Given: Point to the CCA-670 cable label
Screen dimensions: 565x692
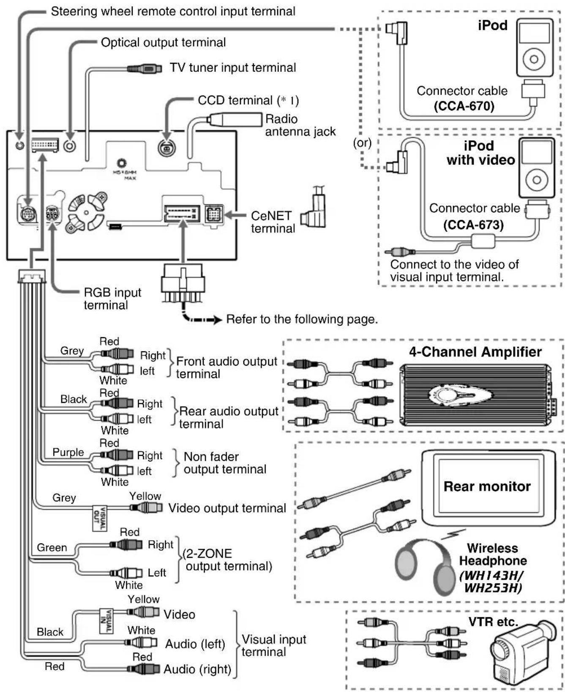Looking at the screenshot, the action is [x=464, y=105].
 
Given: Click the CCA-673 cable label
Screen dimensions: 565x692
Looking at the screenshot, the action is [x=473, y=224].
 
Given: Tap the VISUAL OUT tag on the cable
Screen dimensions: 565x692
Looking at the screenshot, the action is [x=100, y=517].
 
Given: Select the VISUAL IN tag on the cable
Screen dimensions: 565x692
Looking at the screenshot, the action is [x=106, y=620].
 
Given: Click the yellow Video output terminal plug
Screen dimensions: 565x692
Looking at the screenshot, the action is [x=146, y=507].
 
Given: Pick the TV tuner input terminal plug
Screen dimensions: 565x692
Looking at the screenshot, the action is [x=145, y=68].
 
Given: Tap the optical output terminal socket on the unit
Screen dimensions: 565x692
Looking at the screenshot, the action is [x=70, y=146].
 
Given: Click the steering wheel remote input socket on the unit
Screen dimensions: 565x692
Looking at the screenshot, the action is [x=19, y=146].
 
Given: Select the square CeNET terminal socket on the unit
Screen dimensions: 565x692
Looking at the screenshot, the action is [x=214, y=214].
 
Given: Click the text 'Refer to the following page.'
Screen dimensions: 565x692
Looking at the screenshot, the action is [x=302, y=319].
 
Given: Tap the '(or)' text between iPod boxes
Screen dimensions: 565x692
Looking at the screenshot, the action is [x=362, y=143].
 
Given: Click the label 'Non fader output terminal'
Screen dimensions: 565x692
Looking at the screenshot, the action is [x=225, y=463].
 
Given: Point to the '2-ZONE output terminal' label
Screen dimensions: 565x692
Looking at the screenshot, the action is [x=227, y=560].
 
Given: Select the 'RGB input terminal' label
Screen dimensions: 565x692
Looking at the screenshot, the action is [x=112, y=299].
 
